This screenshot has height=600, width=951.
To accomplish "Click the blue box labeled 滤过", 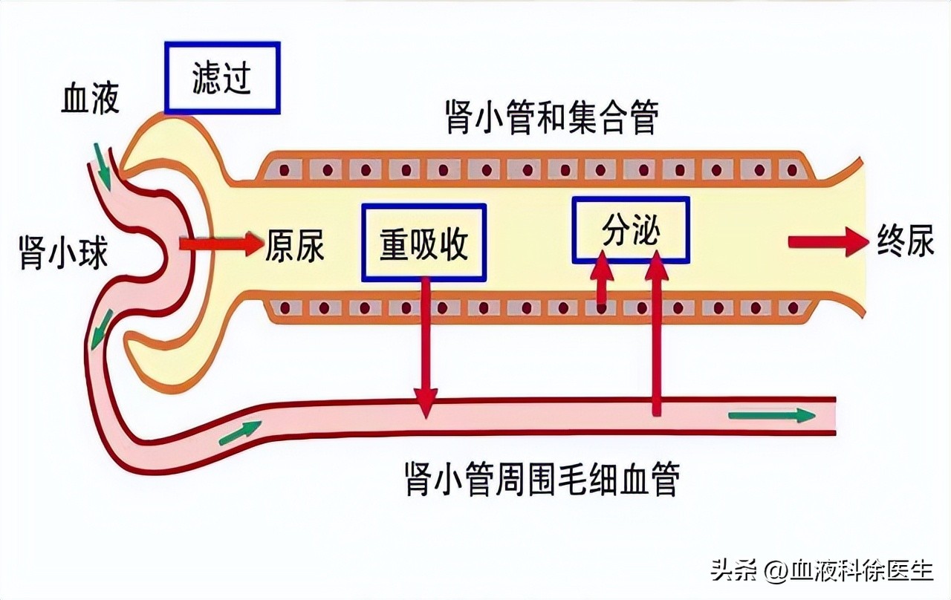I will point(221,78).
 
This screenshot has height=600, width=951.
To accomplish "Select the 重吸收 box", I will point(423,243).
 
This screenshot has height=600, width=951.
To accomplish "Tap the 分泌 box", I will point(631,230).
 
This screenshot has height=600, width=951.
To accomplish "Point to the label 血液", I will point(90,99).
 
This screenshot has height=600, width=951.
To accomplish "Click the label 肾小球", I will point(63,252).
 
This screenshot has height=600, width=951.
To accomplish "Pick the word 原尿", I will point(295,245).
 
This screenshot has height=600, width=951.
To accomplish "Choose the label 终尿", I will point(905,241).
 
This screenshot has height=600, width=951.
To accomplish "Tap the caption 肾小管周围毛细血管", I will point(542,480).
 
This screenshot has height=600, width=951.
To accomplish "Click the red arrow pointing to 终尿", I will point(827,242).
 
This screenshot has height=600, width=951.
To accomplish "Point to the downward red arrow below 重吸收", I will point(425,345).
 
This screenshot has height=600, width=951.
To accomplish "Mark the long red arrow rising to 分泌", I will point(655,334).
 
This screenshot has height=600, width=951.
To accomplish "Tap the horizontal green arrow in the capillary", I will point(771,415).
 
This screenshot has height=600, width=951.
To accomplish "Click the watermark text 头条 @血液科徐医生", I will point(821,570).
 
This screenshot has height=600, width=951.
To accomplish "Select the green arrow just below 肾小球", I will point(102,330).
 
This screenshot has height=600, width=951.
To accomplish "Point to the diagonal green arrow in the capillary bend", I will point(240,432).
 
